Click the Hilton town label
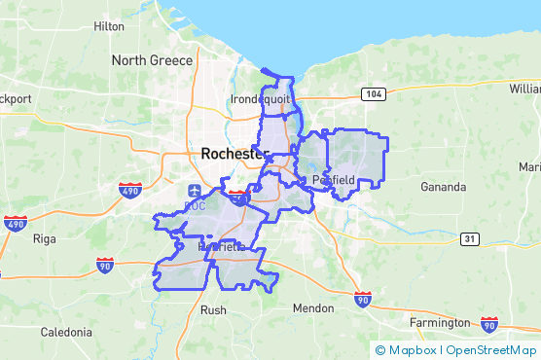point(109,26)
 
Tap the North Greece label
point(152,60)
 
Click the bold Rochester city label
point(233,154)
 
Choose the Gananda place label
point(445,186)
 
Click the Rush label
point(213,310)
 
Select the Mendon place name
point(312,308)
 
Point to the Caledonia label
point(66,332)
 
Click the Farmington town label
point(438,322)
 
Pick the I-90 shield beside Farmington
point(490,324)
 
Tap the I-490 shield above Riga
point(15,225)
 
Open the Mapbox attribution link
point(407,350)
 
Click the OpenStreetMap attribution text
point(491,350)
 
